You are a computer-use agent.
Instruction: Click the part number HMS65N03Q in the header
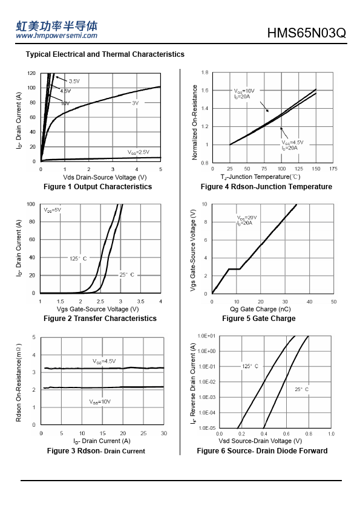[x=306, y=33]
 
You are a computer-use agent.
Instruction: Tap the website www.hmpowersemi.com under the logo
[x=56, y=36]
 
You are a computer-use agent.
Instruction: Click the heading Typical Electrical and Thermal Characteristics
[x=105, y=54]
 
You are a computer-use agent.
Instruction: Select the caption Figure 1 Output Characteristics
[x=98, y=187]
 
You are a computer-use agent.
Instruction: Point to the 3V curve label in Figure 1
[x=135, y=103]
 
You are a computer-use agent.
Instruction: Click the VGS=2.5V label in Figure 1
[x=139, y=152]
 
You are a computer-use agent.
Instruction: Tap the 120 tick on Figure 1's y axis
[x=31, y=73]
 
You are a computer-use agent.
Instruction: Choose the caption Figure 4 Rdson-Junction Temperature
[x=266, y=187]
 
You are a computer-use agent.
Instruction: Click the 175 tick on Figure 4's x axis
[x=333, y=169]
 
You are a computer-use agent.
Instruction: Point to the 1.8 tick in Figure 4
[x=205, y=73]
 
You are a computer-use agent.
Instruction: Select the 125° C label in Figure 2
[x=78, y=258]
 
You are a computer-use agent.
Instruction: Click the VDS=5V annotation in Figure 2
[x=52, y=210]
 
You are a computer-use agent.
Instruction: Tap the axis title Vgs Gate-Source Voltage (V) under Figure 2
[x=98, y=309]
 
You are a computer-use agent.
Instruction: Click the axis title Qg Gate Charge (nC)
[x=260, y=309]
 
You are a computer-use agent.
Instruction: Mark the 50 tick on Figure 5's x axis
[x=334, y=302]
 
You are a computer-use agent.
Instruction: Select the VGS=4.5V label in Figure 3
[x=104, y=361]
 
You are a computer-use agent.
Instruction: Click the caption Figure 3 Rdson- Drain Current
[x=96, y=451]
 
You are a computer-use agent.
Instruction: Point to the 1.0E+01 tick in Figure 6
[x=207, y=336]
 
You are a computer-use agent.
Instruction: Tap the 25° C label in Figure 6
[x=301, y=389]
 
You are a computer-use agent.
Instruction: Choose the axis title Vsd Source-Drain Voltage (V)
[x=260, y=441]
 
